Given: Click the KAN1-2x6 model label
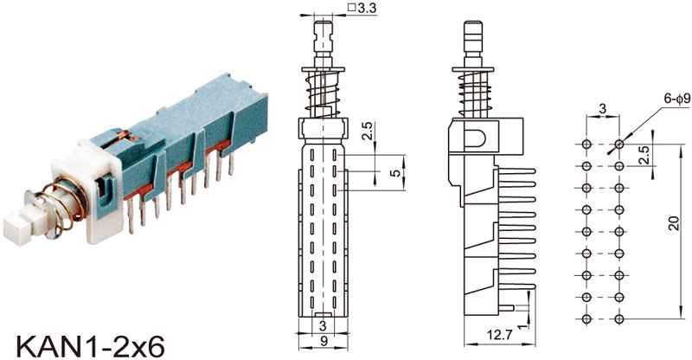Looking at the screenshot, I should (82, 339).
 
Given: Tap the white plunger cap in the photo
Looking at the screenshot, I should (19, 227).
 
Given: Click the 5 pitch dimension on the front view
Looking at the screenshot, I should (395, 173).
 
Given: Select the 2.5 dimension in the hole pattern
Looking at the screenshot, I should (644, 155).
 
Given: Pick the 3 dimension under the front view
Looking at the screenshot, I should (321, 326).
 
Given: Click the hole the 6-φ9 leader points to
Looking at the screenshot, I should (619, 143).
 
